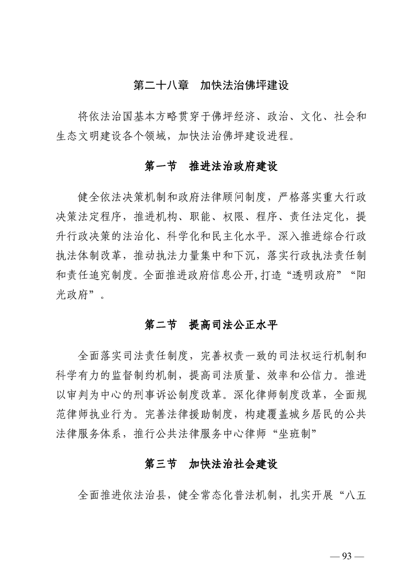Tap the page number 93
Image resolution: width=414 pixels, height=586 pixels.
(x=344, y=555)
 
